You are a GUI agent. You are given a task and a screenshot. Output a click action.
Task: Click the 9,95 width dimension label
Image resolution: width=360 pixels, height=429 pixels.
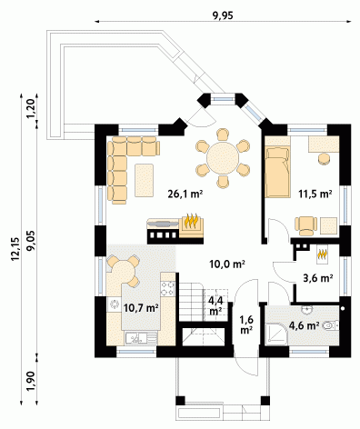(x=223, y=15)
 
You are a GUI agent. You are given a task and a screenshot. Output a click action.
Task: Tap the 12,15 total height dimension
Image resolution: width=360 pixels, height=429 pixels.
(x=15, y=248)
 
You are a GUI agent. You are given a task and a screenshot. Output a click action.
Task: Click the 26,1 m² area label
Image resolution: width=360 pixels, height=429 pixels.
(x=185, y=194)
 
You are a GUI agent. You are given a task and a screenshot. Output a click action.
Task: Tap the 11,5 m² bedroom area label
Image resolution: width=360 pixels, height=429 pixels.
(x=315, y=194)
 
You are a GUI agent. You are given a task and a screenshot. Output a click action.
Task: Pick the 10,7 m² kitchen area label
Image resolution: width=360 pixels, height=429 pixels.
(x=141, y=308)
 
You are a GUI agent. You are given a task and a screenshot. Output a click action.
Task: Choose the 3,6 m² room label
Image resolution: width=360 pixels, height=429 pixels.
(x=318, y=278)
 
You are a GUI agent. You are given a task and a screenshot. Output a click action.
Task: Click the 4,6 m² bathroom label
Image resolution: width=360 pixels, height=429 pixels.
(x=304, y=325)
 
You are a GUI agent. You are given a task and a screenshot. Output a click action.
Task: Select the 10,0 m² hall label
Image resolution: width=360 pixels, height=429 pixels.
(x=227, y=264)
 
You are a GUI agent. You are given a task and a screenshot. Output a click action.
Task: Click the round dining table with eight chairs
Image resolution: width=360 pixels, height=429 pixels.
(x=223, y=158)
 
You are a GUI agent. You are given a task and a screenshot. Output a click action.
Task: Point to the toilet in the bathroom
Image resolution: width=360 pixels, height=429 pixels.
(x=330, y=325)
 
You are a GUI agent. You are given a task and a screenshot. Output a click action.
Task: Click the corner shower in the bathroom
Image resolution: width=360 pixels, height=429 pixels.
(x=275, y=334)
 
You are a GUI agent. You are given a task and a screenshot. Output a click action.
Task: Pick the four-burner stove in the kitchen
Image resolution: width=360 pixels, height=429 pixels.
(x=167, y=288)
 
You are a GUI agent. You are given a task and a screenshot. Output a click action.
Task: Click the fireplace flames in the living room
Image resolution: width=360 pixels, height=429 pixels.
(x=192, y=221)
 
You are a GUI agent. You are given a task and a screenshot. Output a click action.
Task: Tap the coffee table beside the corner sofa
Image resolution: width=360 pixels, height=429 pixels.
(x=144, y=180)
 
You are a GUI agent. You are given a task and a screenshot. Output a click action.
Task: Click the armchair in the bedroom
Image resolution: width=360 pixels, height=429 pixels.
(x=306, y=225)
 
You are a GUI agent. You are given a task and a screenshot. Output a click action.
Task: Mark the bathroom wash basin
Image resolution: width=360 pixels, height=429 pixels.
(x=307, y=310)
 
